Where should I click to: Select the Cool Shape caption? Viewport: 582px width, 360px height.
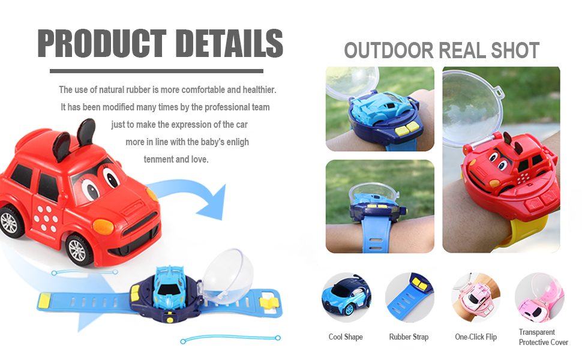coord(346,337)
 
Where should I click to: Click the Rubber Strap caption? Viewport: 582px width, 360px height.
coord(409,337)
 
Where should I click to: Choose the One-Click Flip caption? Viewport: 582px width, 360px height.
coord(476,337)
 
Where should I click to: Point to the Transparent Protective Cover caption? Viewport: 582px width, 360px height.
coord(543,337)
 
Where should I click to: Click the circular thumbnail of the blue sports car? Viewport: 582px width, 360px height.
coord(346,298)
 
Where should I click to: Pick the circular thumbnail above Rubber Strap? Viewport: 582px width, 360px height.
coord(409,298)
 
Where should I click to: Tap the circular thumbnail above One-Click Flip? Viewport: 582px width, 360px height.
coord(476,298)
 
